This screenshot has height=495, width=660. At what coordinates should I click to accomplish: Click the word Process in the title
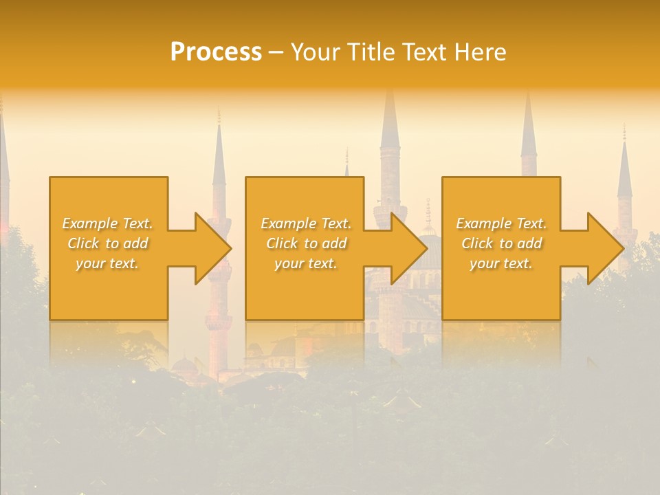(216, 52)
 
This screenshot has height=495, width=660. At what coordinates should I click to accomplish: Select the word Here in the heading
(480, 52)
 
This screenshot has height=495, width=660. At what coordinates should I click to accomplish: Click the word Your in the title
(316, 52)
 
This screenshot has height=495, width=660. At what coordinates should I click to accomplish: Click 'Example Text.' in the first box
(107, 223)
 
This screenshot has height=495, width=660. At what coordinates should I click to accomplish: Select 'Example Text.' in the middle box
(306, 223)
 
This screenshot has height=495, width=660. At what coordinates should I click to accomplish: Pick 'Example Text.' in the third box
(501, 223)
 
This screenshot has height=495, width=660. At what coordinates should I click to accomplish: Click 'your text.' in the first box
(107, 263)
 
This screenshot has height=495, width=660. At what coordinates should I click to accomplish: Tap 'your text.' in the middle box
(306, 263)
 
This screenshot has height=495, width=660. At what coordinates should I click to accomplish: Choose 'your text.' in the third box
(501, 263)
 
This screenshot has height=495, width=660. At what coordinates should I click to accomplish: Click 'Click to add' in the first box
(107, 243)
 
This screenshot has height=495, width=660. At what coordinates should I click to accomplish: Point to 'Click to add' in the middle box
(306, 243)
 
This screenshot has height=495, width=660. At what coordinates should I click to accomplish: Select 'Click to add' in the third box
(501, 243)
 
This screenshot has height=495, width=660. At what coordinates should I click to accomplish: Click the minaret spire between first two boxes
(219, 151)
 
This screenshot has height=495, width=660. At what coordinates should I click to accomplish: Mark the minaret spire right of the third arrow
(624, 165)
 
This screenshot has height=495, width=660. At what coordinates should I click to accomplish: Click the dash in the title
(276, 52)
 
